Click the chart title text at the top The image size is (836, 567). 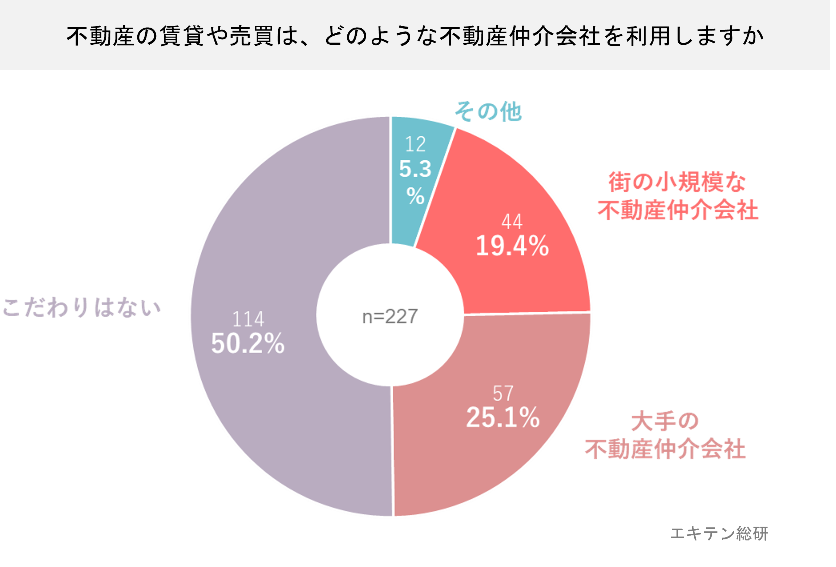[x=415, y=36]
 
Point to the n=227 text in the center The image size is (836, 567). [x=390, y=316]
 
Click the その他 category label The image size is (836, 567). [x=488, y=111]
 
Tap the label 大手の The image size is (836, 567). [x=665, y=421]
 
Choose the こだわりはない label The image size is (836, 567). [x=82, y=307]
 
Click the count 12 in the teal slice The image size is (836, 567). [x=415, y=144]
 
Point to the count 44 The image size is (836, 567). [x=512, y=221]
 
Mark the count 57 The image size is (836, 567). [x=503, y=394]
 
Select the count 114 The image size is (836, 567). [x=248, y=319]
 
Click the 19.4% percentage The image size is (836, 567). [x=512, y=246]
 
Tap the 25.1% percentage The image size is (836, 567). [x=503, y=417]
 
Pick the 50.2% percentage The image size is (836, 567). [x=248, y=343]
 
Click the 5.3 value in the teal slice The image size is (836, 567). [x=415, y=169]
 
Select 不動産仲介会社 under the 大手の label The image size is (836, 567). [x=665, y=449]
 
